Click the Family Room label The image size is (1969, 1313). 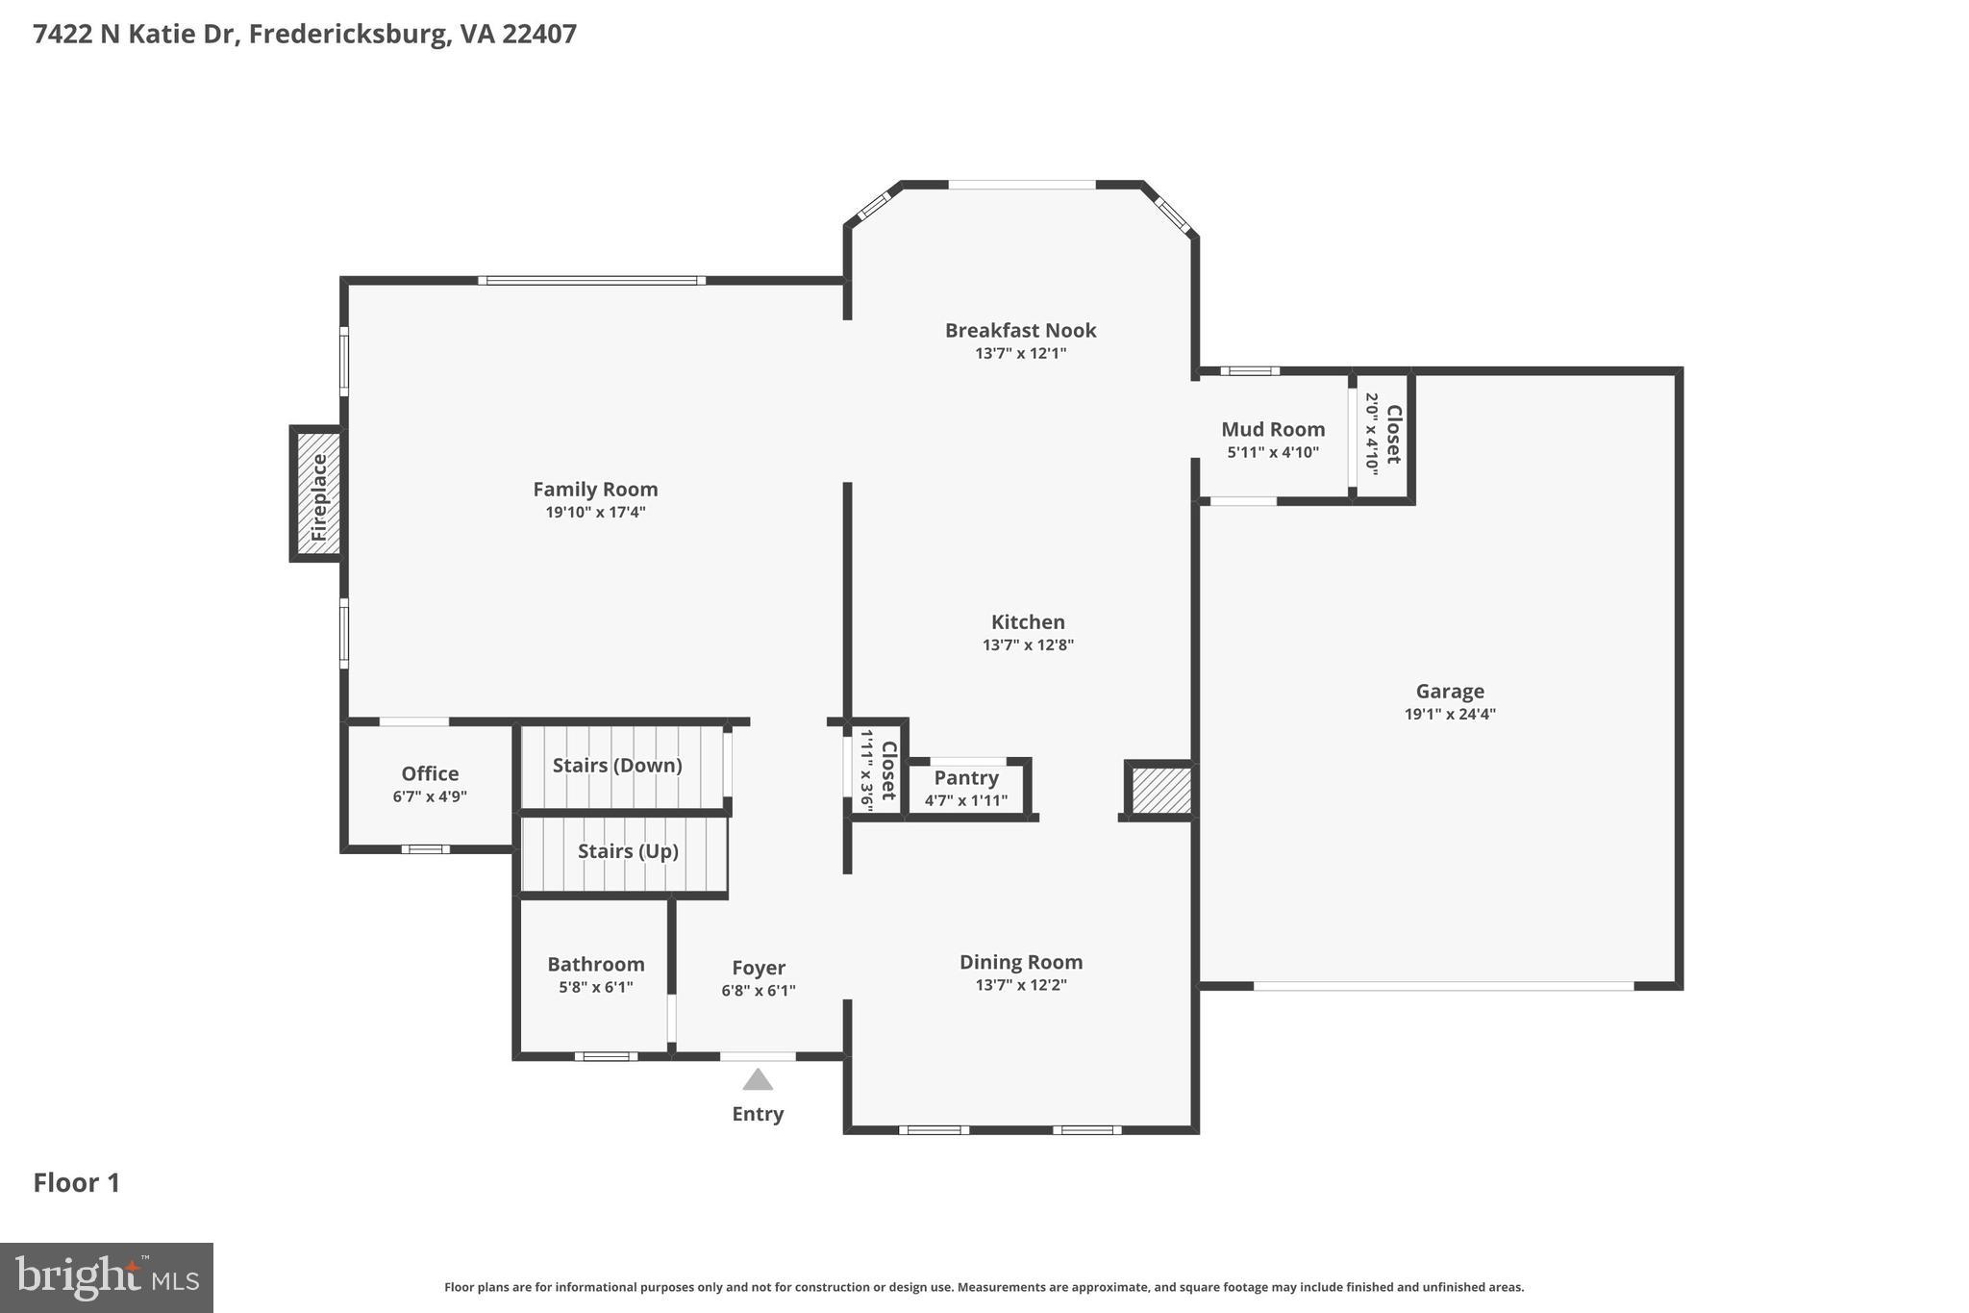[x=595, y=490]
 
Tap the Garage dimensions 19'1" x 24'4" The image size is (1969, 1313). [x=1450, y=715]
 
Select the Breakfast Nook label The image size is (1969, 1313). [x=1020, y=331]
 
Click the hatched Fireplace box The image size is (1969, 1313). [x=317, y=493]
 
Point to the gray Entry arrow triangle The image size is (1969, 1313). [x=758, y=1080]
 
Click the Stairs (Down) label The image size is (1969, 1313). [x=617, y=766]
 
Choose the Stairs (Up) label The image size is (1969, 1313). [x=628, y=851]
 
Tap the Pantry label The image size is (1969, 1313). [x=966, y=778]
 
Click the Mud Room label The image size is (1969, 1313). [x=1273, y=430]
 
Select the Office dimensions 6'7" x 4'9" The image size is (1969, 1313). [x=430, y=796]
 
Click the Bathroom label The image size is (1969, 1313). [x=596, y=965]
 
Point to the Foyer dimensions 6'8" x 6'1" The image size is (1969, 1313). [x=759, y=991]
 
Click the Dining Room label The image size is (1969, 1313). [x=1021, y=963]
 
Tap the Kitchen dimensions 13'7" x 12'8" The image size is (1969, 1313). [x=1028, y=645]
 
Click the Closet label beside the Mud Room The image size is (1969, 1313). [x=1393, y=434]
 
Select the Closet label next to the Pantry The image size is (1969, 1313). [x=888, y=770]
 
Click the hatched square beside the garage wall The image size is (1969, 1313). [x=1160, y=791]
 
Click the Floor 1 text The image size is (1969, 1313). [x=77, y=1183]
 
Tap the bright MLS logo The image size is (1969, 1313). [x=107, y=1277]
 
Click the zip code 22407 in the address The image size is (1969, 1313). [x=539, y=35]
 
